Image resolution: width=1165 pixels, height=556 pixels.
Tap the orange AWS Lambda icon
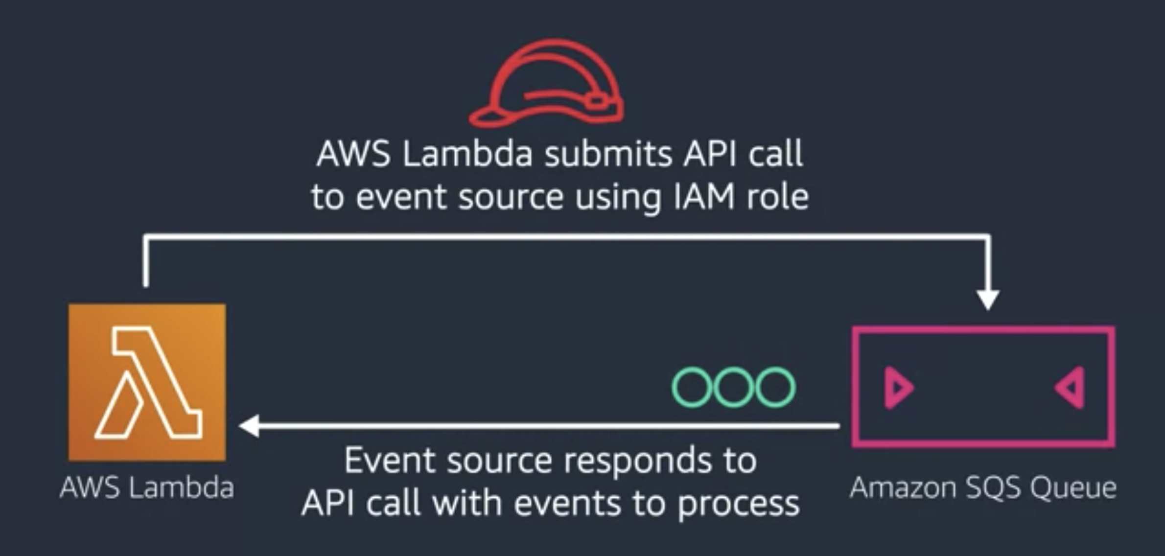click(147, 382)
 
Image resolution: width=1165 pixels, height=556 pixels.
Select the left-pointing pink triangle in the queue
click(1071, 388)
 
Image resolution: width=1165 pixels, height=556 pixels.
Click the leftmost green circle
click(692, 387)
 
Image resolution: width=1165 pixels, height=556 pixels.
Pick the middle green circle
click(733, 387)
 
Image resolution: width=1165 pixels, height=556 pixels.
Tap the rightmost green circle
click(775, 387)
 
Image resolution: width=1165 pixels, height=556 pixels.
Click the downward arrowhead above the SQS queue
click(988, 299)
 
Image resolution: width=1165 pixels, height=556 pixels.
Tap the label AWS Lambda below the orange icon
click(147, 488)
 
